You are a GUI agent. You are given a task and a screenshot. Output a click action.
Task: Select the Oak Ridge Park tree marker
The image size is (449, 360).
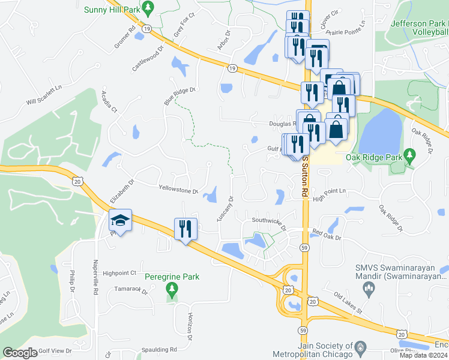pyautogui.click(x=410, y=155)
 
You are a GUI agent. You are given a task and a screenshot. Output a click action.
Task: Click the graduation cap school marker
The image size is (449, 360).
pyautogui.click(x=121, y=221)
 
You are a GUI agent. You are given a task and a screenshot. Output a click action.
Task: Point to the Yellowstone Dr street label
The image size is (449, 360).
pyautogui.click(x=178, y=190)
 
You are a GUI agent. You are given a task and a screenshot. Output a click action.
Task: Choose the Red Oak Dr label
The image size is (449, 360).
pyautogui.click(x=326, y=234)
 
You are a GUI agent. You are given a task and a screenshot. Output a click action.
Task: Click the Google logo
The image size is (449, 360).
pyautogui.click(x=20, y=353)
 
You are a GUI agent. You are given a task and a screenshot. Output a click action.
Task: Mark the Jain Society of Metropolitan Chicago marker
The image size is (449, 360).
pyautogui.click(x=360, y=347)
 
